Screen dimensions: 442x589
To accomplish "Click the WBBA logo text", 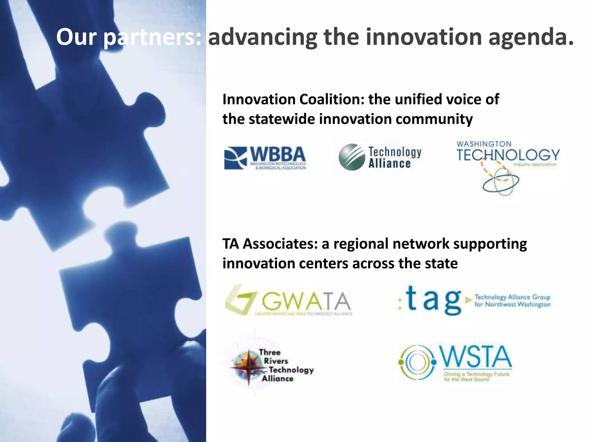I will coord(278,155).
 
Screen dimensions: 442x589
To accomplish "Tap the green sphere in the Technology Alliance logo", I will coord(352,157).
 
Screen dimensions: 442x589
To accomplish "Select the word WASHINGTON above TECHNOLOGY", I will coord(484,144).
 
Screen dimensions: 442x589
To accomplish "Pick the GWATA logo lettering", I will coord(306,301).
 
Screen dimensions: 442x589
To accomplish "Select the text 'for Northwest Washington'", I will coord(512,304).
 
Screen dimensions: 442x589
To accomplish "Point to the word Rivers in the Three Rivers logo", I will coord(276,361).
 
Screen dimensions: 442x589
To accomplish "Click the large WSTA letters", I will coord(476,357).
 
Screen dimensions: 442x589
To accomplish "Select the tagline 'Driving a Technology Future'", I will coord(477,374).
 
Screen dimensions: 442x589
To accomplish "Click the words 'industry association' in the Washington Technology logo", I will coord(535,165).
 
